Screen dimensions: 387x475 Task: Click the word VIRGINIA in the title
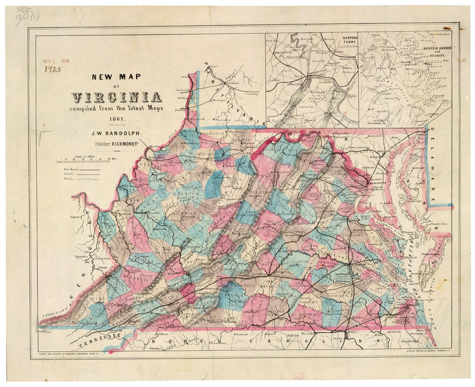tap(117, 97)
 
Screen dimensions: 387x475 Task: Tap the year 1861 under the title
tap(116, 118)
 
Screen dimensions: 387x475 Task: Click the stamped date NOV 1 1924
tap(56, 61)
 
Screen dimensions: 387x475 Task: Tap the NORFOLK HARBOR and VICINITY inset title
tap(436, 51)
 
